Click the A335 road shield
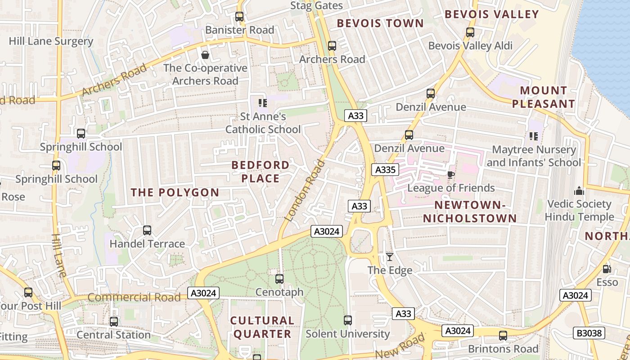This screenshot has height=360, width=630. click(x=385, y=170)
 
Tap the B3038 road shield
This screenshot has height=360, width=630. click(x=589, y=333)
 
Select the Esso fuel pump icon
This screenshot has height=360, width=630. click(x=607, y=269)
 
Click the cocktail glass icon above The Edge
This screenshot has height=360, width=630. click(x=390, y=257)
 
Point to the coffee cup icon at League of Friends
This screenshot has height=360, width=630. click(x=451, y=175)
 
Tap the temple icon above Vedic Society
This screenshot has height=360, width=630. click(x=579, y=191)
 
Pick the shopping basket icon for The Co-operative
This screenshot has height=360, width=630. click(x=205, y=55)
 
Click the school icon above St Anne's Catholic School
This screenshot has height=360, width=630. click(x=263, y=103)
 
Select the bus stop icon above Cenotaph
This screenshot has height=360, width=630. click(x=279, y=279)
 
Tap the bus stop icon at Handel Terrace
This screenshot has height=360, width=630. click(x=147, y=230)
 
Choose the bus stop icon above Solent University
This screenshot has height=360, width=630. click(x=348, y=320)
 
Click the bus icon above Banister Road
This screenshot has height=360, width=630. click(x=239, y=17)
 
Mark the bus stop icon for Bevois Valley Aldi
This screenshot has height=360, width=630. click(x=470, y=32)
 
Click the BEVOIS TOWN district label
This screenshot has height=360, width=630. click(x=380, y=23)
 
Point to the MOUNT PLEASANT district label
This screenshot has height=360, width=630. click(x=543, y=97)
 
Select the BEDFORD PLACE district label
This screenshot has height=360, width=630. click(x=261, y=171)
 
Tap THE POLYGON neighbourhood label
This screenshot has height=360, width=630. click(x=175, y=193)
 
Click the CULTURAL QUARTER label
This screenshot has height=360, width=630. click(x=262, y=327)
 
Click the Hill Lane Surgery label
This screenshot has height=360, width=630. click(x=51, y=41)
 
